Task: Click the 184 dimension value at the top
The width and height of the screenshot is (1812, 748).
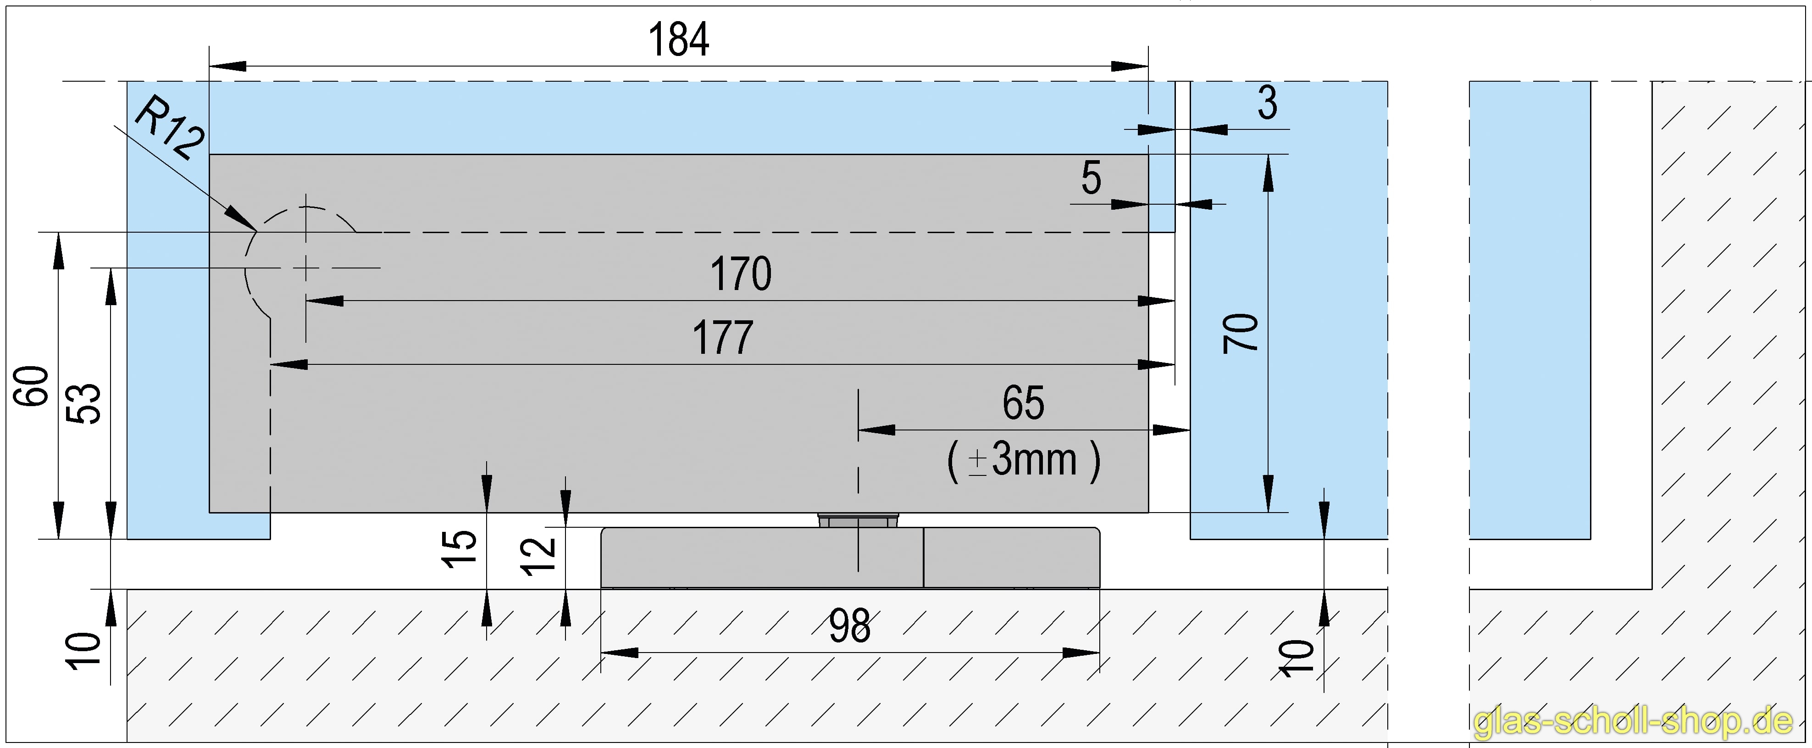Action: point(678,40)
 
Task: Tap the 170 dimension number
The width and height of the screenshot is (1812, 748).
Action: point(741,274)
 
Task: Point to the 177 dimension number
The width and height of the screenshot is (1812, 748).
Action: point(723,338)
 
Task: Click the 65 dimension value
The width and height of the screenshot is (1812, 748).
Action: point(1024,403)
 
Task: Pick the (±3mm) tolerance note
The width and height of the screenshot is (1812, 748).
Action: point(1024,461)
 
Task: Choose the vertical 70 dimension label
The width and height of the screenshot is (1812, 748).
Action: point(1241,333)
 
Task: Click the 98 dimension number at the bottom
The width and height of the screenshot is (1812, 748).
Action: point(850,626)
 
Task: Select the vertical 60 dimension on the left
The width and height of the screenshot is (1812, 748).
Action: point(33,385)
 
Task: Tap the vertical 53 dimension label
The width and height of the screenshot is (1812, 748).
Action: point(84,403)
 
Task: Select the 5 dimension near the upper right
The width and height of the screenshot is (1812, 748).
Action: point(1091,178)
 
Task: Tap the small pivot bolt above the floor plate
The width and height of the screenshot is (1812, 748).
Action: point(858,521)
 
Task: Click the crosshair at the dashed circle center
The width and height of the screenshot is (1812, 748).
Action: point(305,268)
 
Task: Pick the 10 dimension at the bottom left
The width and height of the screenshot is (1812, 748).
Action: point(84,651)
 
